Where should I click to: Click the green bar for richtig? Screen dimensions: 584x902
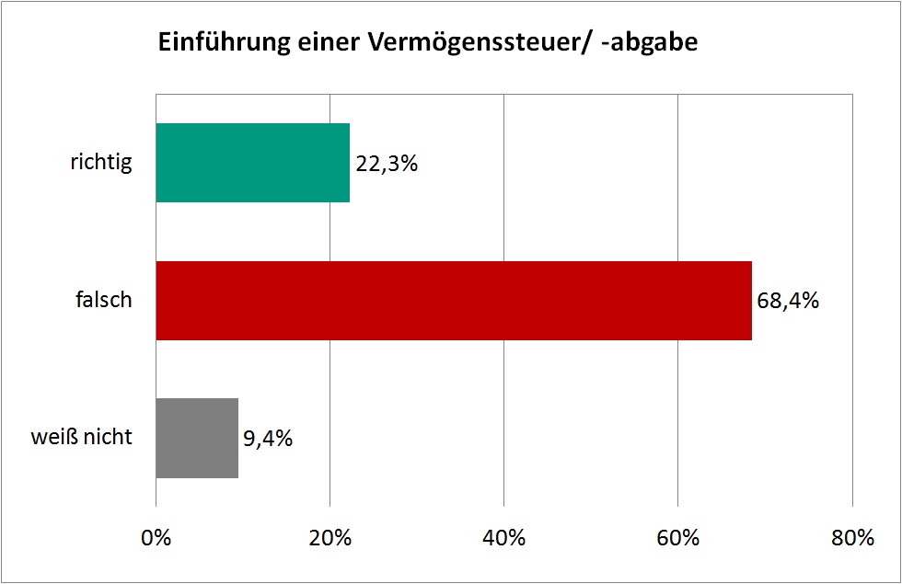252,163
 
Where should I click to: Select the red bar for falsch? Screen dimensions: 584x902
454,301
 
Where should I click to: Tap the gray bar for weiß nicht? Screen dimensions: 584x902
197,438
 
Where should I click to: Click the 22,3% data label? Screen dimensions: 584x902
387,165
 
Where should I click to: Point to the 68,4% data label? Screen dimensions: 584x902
788,301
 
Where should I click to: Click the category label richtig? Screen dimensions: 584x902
101,164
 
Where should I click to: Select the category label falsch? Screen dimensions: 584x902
104,301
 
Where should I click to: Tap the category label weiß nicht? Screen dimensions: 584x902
81,438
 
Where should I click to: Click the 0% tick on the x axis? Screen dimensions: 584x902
156,539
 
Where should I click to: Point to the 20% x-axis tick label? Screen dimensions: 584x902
330,539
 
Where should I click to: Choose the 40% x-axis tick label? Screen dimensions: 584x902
504,539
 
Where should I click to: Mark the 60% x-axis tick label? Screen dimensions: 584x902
678,539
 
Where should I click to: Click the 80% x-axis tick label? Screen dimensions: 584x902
852,539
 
